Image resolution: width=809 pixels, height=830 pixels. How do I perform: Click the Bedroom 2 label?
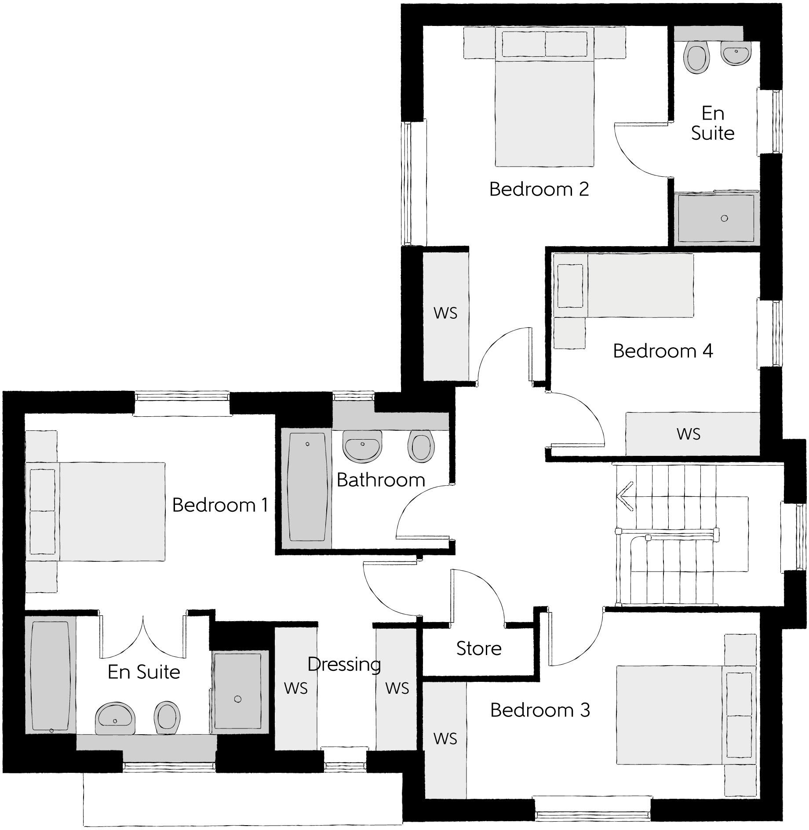pyautogui.click(x=539, y=189)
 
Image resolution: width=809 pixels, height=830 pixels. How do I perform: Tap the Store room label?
pyautogui.click(x=479, y=648)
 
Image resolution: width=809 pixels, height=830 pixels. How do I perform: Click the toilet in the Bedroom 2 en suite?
pyautogui.click(x=697, y=58)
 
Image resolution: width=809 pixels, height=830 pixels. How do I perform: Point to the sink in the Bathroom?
pyautogui.click(x=362, y=446)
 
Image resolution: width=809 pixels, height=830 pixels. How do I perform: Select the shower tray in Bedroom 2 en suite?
pyautogui.click(x=716, y=218)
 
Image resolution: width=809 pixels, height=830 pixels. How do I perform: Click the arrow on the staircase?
pyautogui.click(x=625, y=497)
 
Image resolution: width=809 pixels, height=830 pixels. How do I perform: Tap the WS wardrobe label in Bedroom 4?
pyautogui.click(x=689, y=434)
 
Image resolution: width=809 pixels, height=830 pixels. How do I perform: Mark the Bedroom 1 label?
pyautogui.click(x=220, y=505)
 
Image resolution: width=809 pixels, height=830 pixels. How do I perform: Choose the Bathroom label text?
pyautogui.click(x=381, y=480)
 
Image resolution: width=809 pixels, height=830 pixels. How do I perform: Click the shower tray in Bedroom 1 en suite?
pyautogui.click(x=238, y=692)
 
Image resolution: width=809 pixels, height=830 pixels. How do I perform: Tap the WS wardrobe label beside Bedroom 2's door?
pyautogui.click(x=445, y=313)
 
